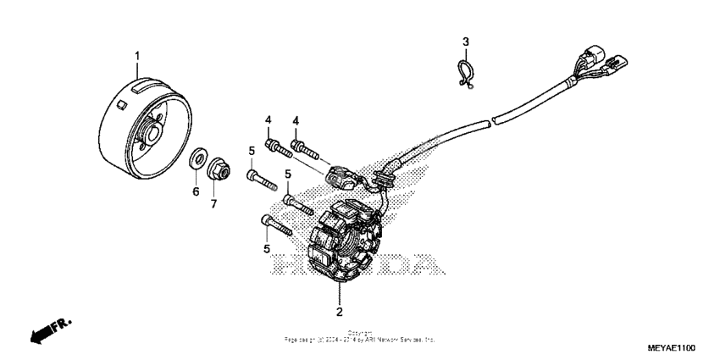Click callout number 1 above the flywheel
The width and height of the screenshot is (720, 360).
coord(136,56)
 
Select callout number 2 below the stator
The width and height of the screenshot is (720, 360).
coord(339,312)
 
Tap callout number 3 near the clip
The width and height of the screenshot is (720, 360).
coord(465,42)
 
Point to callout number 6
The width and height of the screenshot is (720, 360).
coord(196,192)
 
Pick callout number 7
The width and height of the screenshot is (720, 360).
coord(214,204)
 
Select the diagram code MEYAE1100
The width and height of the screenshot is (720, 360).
coord(672,347)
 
